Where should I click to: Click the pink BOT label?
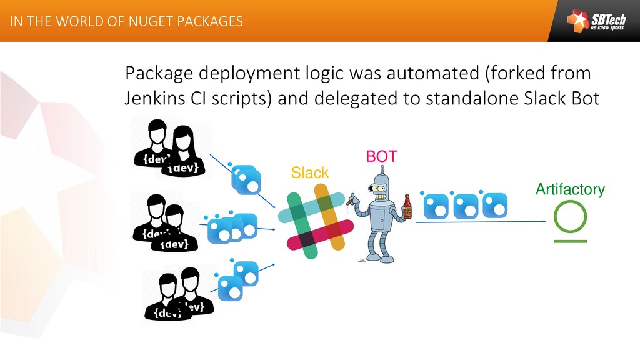point(381,156)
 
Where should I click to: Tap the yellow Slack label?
point(310,172)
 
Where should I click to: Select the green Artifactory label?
point(570,189)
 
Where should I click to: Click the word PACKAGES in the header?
point(211,22)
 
